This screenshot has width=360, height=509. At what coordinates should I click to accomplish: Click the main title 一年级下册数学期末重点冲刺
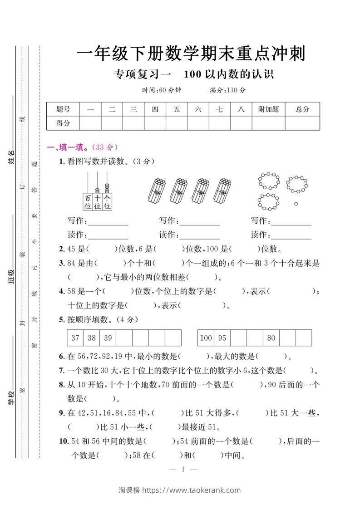pyautogui.click(x=191, y=54)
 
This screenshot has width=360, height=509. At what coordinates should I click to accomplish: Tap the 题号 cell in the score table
pyautogui.click(x=63, y=109)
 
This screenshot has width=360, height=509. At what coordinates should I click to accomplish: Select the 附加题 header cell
pyautogui.click(x=268, y=109)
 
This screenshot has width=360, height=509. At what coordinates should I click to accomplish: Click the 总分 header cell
pyautogui.click(x=302, y=109)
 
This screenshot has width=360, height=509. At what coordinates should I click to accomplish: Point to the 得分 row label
pyautogui.click(x=63, y=123)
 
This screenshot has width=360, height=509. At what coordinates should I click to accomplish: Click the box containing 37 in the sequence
pyautogui.click(x=75, y=338)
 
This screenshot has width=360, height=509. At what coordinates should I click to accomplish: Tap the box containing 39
pyautogui.click(x=108, y=338)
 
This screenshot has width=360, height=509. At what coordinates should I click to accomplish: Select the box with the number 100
pyautogui.click(x=206, y=338)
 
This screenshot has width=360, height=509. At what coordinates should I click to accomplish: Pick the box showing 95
pyautogui.click(x=222, y=338)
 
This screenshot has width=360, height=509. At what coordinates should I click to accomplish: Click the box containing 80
pyautogui.click(x=271, y=338)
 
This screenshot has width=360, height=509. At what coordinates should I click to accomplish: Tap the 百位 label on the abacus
pyautogui.click(x=88, y=202)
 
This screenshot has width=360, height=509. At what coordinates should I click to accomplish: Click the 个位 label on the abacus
pyautogui.click(x=107, y=202)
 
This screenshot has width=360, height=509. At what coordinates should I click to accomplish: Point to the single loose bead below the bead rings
pyautogui.click(x=296, y=204)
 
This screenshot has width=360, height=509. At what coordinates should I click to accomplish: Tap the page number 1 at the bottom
pyautogui.click(x=182, y=470)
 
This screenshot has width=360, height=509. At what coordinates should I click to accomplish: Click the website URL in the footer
pyautogui.click(x=192, y=490)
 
